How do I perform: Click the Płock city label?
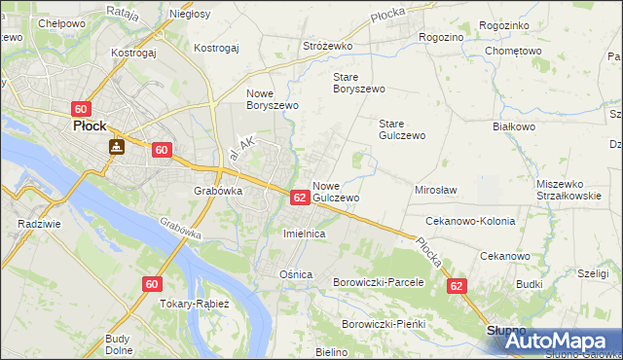coord(90,126)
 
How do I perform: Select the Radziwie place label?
coord(34,223)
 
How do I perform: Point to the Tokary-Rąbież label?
coord(194,303)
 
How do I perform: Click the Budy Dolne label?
coord(119,344)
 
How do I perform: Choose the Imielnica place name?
coord(303,234)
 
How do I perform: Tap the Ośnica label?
coord(296,274)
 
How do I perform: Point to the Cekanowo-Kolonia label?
coord(470,221)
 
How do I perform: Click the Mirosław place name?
coord(436,190)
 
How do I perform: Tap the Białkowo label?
coord(514,126)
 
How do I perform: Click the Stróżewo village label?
coord(325,45)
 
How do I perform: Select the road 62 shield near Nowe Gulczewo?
coord(300,197)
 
